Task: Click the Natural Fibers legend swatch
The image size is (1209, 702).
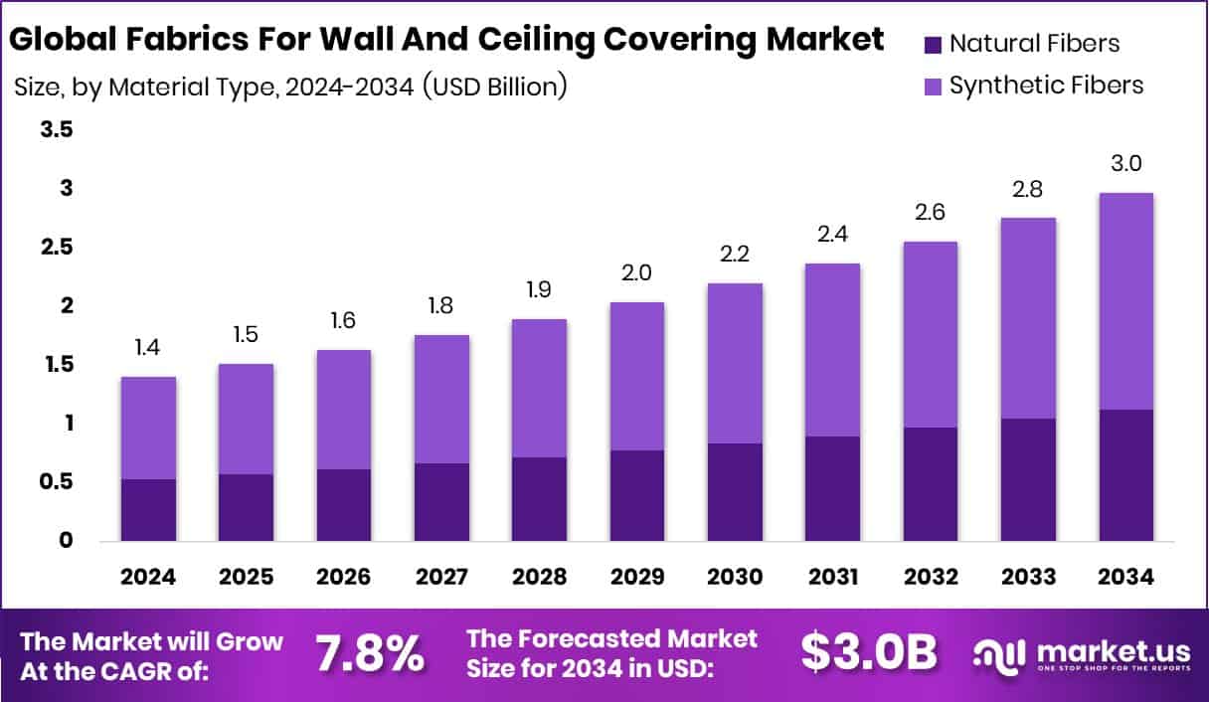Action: pos(933,44)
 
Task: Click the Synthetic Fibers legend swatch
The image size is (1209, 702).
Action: pos(933,86)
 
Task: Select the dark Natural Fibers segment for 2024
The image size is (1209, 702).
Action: pos(148,510)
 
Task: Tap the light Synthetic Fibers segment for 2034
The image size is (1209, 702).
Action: pos(1125,301)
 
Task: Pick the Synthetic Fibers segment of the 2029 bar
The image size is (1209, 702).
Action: pos(637,376)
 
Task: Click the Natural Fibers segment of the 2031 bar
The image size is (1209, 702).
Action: pos(832,488)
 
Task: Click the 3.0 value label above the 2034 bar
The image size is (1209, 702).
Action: pos(1125,164)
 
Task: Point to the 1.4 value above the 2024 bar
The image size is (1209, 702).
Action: pos(148,348)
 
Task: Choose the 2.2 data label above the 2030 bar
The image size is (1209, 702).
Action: pos(735,255)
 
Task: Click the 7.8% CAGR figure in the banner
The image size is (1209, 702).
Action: pos(371,653)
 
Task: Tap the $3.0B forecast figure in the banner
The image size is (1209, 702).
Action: pos(869,653)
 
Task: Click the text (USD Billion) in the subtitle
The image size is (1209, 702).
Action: pos(494,87)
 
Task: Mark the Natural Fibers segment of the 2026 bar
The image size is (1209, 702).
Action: pos(344,504)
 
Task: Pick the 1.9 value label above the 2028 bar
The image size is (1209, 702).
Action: pos(539,290)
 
